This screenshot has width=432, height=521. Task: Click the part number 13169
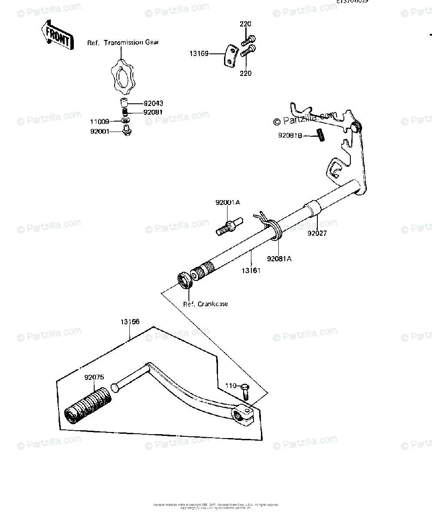[x=198, y=54]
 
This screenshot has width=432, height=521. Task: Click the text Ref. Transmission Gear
[x=123, y=43]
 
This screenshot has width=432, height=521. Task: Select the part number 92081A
[x=279, y=259]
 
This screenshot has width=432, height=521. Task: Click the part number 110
[x=231, y=386]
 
